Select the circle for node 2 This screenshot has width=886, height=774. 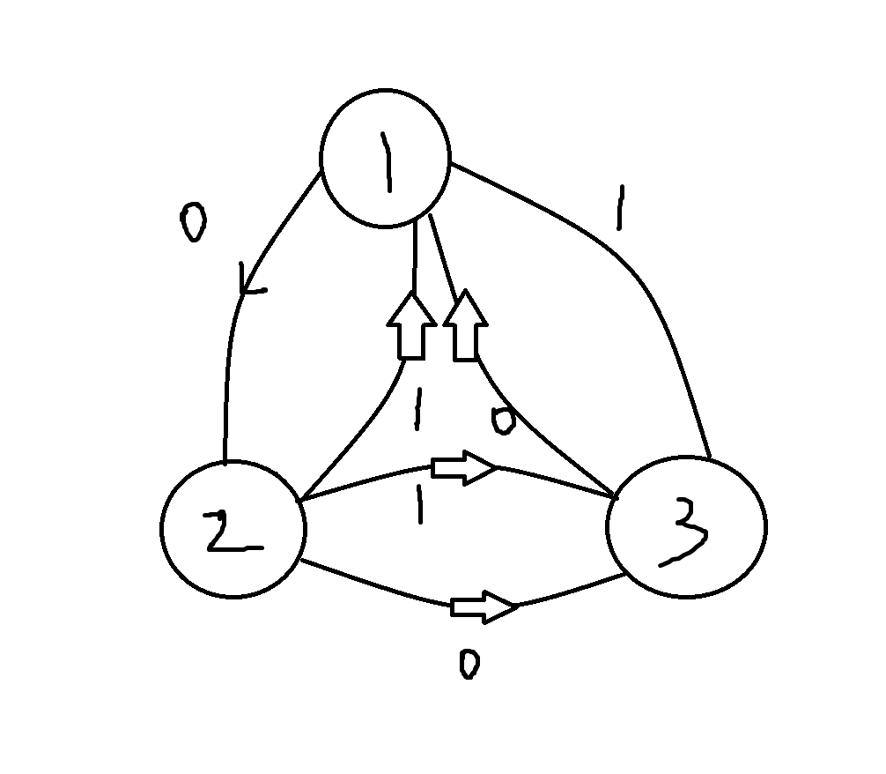[233, 529]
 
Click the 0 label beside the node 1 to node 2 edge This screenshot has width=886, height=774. [192, 224]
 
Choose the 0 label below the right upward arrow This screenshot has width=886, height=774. [502, 420]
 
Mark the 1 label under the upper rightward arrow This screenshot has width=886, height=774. [421, 505]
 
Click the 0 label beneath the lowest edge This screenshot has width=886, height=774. [469, 664]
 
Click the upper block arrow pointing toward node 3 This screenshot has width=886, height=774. [465, 468]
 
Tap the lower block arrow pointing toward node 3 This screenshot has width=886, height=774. [483, 607]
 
